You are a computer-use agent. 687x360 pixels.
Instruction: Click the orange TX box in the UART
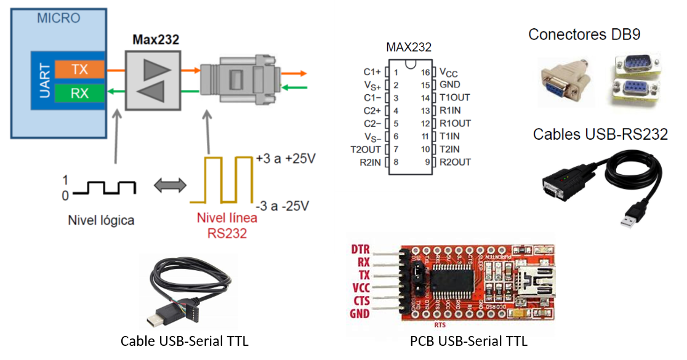coord(79,70)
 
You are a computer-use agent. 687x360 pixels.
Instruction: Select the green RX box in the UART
coord(79,94)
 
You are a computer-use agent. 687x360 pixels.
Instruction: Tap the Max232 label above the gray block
coord(156,41)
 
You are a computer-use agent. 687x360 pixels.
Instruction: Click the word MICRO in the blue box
coord(58,18)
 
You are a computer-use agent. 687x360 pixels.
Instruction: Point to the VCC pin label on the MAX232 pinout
coord(449,72)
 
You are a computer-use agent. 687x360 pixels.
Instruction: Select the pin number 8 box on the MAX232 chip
coord(395,162)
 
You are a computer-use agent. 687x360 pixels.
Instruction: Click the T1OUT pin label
coord(454,98)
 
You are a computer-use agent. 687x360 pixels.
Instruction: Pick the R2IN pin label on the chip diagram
coord(371,162)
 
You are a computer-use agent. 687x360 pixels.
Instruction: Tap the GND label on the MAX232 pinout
coord(450,85)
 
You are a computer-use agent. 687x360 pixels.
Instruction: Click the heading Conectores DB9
coord(584,34)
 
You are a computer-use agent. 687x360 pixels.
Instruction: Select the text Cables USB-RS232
coord(600,134)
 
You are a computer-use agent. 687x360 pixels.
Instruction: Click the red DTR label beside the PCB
coord(361,250)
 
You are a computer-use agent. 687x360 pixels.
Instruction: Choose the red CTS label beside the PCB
coord(361,300)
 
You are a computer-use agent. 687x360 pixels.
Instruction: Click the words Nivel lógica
coord(100,220)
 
